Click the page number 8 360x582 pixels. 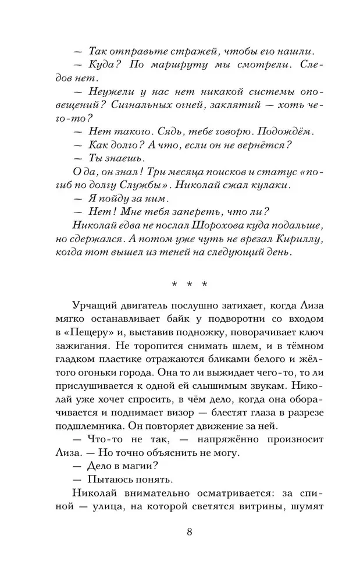[x=190, y=533]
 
